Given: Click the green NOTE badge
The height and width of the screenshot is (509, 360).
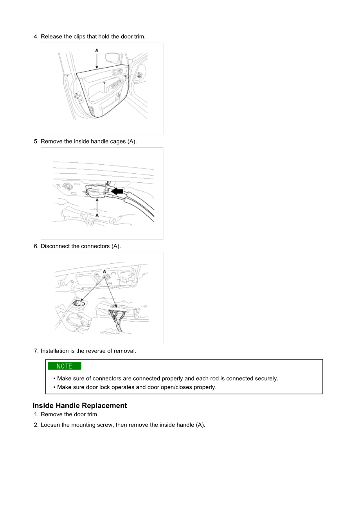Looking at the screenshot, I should point(65,366).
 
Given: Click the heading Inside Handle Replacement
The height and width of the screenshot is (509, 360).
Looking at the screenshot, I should point(80,406).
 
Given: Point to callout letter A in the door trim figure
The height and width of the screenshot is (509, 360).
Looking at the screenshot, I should point(97,50).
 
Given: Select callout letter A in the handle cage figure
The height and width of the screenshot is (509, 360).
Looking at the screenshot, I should point(97,215).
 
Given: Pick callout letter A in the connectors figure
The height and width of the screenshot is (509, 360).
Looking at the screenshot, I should point(104,271).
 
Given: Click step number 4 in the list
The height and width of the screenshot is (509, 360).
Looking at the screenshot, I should point(36,36).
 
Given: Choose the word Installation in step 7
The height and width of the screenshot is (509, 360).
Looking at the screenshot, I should point(55,351).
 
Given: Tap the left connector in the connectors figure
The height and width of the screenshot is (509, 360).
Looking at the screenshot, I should point(79,303).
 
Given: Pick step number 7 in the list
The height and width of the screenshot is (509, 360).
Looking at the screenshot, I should point(36,351).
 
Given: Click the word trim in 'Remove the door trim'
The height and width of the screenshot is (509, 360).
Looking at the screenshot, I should point(92,414).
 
